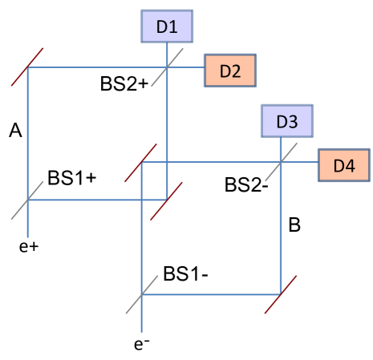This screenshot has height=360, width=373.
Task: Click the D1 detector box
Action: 167,26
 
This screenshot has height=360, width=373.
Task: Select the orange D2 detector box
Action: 230,71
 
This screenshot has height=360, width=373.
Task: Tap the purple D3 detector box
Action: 286,122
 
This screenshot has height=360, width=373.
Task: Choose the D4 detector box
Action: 344,165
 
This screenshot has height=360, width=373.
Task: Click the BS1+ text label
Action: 72,178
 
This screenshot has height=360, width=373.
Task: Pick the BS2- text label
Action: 245,185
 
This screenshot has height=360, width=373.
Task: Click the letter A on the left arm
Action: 15,130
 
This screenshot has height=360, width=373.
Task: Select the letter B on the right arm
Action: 294,226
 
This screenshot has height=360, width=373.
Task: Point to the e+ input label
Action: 29,246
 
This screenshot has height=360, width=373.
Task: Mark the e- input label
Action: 142,344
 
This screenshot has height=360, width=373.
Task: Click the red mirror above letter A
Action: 29,67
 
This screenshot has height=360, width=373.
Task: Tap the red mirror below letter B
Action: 281,294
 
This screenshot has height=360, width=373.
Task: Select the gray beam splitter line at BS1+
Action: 28,200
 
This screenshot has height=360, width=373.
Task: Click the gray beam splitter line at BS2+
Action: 166,67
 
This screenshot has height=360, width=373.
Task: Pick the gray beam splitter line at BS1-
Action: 142,294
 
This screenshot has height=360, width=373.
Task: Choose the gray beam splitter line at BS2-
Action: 281,163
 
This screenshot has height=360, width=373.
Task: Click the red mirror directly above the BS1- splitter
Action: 142,163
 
